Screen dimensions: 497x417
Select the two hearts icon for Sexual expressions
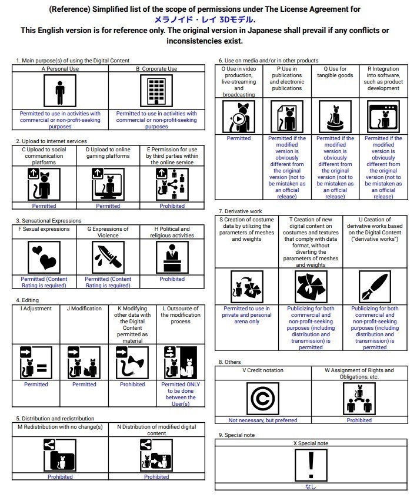coord(44,257)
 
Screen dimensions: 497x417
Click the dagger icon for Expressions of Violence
coord(108,257)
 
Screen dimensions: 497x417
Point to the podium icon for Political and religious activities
coord(172,257)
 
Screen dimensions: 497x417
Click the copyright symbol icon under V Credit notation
coord(263,399)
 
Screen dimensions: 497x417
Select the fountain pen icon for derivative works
coord(375,287)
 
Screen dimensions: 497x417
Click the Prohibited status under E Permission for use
coord(172,206)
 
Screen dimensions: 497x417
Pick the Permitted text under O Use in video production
coord(239,138)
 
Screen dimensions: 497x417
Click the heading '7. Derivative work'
coord(240,211)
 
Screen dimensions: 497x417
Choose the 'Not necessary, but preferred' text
coord(263,420)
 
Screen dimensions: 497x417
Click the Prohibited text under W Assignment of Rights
coord(359,420)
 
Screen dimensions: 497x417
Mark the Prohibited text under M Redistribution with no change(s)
coord(60,477)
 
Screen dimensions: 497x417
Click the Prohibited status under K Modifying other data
coord(132,385)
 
